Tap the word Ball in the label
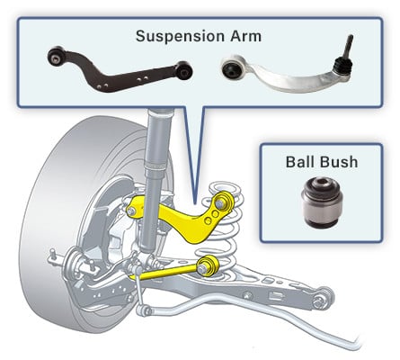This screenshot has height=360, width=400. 301,162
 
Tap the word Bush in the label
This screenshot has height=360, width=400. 340,162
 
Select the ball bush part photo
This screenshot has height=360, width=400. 322,201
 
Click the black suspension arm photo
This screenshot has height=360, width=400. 120,69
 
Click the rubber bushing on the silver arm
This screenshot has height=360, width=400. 232,69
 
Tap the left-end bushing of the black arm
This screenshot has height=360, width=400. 56,56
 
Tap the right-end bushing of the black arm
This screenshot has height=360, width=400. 184,70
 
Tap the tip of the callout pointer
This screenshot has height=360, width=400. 194,204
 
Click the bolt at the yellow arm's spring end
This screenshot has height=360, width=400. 221,203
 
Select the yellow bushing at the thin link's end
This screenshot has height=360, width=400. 208,265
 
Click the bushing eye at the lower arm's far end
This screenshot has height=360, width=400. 322,298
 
